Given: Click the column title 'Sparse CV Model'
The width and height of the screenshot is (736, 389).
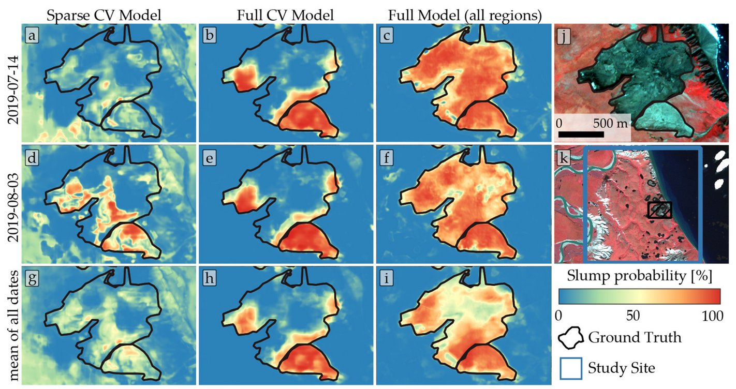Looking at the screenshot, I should [x=104, y=16].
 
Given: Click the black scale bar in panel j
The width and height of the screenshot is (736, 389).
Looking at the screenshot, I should [x=581, y=134].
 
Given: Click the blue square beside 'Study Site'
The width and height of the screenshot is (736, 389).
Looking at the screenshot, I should [x=570, y=368].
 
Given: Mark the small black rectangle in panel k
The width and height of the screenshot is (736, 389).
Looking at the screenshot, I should [x=659, y=210].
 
